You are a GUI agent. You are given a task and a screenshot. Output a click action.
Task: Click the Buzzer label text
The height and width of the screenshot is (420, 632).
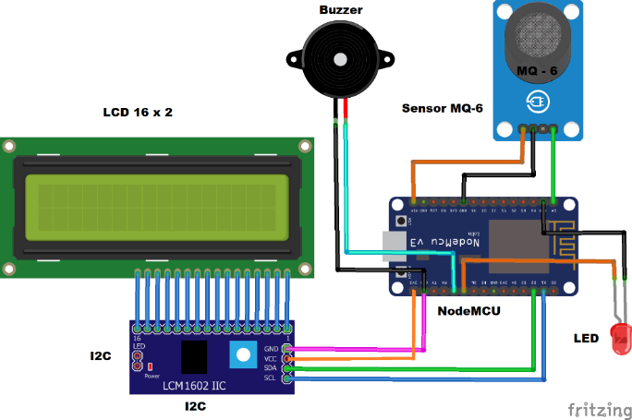[341, 10]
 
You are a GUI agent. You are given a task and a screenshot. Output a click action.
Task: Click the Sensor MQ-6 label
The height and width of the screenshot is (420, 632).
[442, 108]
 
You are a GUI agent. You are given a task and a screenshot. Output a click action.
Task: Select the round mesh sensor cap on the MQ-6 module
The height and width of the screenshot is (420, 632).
[541, 35]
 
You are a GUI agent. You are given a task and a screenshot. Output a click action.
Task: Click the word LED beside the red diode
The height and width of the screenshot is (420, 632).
[585, 339]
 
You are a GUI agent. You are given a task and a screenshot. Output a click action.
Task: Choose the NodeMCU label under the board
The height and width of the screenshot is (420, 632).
[468, 311]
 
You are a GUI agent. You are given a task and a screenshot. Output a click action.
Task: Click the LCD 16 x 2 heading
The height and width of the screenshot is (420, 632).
[138, 112]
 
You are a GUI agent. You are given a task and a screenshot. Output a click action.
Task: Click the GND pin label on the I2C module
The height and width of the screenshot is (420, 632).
[273, 348]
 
